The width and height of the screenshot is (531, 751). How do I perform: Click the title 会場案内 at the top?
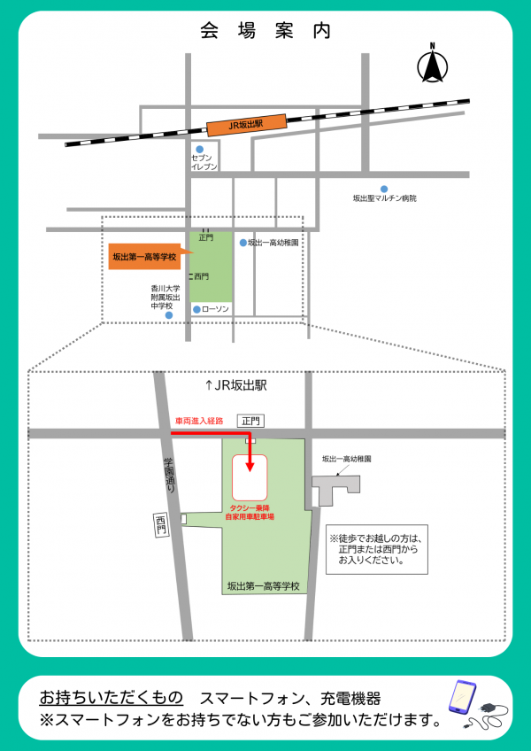click(265, 31)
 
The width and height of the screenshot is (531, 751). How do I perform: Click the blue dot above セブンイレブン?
click(200, 149)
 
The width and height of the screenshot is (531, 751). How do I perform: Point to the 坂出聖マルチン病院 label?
click(384, 199)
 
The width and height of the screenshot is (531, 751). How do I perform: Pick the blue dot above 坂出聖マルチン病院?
click(384, 188)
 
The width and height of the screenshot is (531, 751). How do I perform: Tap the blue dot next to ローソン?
click(196, 309)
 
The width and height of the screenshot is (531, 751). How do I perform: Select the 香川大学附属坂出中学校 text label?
click(165, 298)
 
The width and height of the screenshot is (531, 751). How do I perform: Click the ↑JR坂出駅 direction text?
click(235, 386)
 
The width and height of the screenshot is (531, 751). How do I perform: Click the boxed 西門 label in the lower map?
click(160, 524)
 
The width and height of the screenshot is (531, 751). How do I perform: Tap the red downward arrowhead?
click(250, 467)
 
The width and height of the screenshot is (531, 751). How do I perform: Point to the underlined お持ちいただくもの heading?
click(112, 696)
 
